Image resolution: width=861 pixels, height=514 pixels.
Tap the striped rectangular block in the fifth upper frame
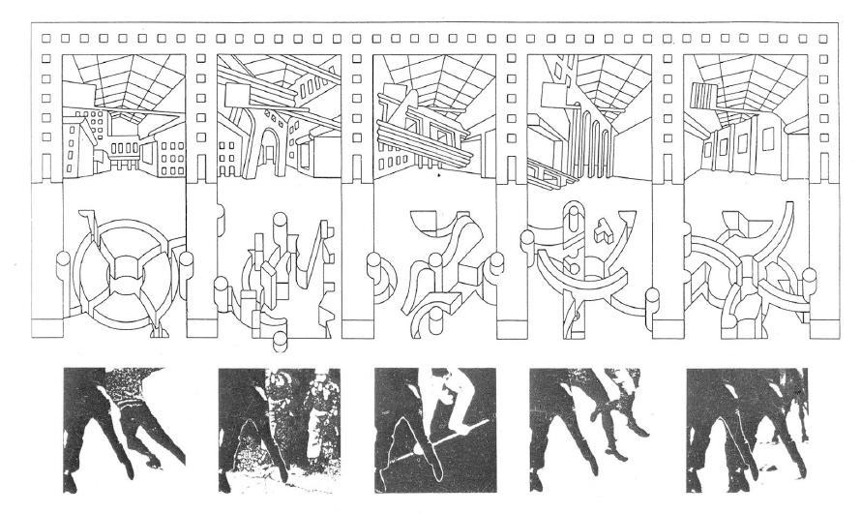pyautogui.click(x=703, y=96)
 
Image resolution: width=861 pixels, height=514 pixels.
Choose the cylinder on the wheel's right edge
pyautogui.click(x=186, y=262)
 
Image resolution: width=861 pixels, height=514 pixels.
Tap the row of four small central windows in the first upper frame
pyautogui.click(x=124, y=150)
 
